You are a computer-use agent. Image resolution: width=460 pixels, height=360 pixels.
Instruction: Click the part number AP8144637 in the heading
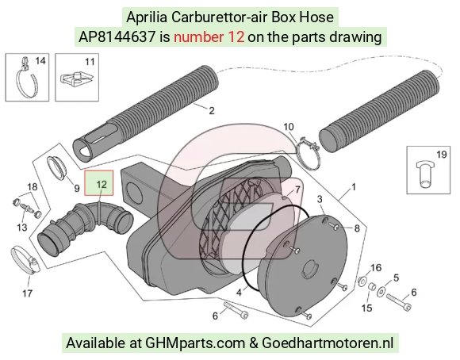pos(117,37)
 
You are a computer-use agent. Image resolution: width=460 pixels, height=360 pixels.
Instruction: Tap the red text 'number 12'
pos(209,37)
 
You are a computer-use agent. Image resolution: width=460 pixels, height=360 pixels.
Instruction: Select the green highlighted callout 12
pos(99,183)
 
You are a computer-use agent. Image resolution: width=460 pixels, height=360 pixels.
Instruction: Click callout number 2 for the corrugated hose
pos(212,110)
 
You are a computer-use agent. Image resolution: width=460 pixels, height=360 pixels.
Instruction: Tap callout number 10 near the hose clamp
pos(289,127)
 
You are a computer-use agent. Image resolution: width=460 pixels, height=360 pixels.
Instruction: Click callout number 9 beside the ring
pos(77,189)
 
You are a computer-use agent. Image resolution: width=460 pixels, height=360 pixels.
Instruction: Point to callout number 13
pos(22,228)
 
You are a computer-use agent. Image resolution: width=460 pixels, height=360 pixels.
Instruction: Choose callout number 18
pos(33,186)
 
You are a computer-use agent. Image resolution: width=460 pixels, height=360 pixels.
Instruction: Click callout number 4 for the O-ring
pos(239,293)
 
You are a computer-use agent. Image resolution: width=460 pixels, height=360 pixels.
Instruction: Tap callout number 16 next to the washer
pos(376,267)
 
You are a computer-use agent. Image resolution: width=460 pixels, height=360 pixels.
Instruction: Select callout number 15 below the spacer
pos(366,308)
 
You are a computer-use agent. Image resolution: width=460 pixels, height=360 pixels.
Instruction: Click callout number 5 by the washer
pos(396,278)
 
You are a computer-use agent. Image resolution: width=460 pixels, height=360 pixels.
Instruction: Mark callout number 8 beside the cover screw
pos(357,228)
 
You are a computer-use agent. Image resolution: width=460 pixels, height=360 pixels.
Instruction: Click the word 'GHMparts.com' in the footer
pos(195,343)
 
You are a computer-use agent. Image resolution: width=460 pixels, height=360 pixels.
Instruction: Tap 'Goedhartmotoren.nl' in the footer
pos(328,343)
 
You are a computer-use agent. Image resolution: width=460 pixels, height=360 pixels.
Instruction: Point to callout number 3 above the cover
pos(320,199)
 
